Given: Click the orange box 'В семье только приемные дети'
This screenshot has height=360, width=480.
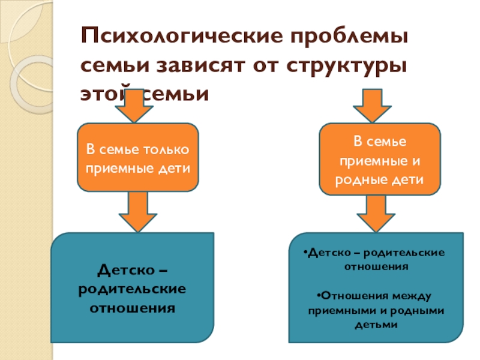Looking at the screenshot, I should click(x=138, y=157).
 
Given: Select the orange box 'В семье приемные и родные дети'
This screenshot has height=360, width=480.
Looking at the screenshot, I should click(x=379, y=160).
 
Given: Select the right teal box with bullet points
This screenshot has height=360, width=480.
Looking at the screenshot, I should click(x=376, y=288).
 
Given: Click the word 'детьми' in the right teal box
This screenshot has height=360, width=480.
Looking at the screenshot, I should click(x=377, y=324).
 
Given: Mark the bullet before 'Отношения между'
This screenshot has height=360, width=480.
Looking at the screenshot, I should click(x=316, y=295).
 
